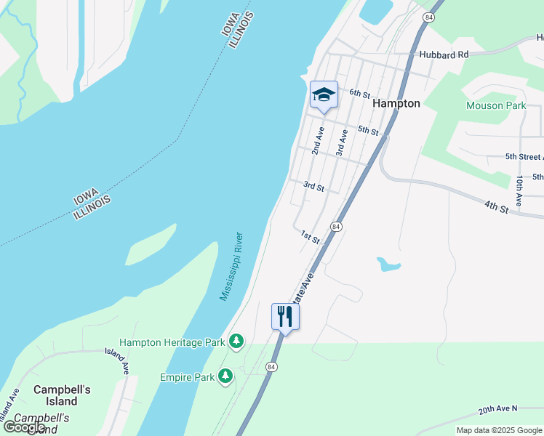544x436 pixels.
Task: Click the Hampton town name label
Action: (x=396, y=104)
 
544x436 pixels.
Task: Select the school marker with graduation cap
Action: (x=324, y=95)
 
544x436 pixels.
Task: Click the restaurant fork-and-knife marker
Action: (x=285, y=317)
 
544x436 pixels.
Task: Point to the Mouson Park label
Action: (x=495, y=105)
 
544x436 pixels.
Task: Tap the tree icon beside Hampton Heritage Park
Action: (x=236, y=340)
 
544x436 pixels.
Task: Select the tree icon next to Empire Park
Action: (x=225, y=376)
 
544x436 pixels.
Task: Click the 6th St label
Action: (x=360, y=93)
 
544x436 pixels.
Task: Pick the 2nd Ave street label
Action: (x=318, y=140)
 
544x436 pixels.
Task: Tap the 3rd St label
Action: (x=313, y=187)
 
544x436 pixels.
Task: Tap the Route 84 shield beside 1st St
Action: (x=335, y=227)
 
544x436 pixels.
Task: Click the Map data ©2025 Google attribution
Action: (x=500, y=430)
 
